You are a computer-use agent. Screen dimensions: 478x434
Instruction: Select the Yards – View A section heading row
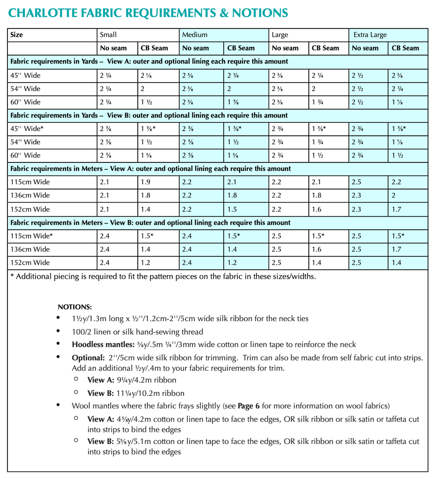149,62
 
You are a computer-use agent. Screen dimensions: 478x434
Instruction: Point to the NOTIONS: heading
75,307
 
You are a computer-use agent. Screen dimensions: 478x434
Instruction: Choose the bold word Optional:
87,358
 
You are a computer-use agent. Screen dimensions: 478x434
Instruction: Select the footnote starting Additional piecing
164,276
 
